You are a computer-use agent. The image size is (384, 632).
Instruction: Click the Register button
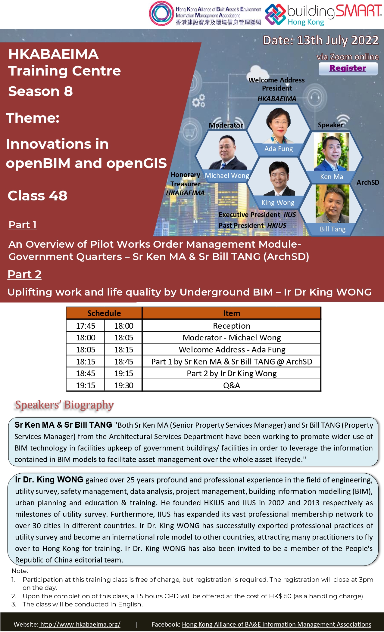(x=348, y=69)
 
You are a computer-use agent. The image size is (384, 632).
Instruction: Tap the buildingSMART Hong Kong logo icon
(x=275, y=14)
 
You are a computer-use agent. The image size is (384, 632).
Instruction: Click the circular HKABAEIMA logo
(x=161, y=14)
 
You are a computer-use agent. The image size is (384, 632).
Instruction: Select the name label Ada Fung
(x=279, y=149)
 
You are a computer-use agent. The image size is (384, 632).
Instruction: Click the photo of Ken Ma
(x=331, y=152)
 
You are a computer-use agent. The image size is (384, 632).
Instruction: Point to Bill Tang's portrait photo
(x=332, y=204)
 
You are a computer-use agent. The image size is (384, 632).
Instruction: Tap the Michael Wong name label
(x=227, y=175)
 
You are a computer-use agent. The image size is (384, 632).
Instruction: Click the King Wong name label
(x=278, y=203)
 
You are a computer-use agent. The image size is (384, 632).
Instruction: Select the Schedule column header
(x=104, y=313)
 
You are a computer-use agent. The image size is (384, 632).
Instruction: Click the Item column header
(x=232, y=313)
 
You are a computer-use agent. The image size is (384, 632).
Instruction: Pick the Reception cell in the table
(x=232, y=326)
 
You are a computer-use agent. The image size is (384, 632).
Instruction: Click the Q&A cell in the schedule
(x=232, y=385)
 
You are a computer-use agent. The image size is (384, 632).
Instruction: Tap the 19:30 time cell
(x=123, y=385)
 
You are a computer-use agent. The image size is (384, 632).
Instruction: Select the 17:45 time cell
(x=86, y=326)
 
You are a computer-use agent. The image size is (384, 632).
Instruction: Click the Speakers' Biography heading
(x=64, y=405)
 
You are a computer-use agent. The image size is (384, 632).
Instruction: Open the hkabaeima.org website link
(x=80, y=624)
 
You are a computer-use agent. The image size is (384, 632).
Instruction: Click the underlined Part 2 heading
(x=24, y=274)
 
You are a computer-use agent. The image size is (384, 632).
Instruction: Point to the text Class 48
(x=38, y=196)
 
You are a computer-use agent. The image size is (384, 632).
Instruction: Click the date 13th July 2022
(x=338, y=40)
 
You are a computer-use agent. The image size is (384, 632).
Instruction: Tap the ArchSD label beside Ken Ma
(x=368, y=182)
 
